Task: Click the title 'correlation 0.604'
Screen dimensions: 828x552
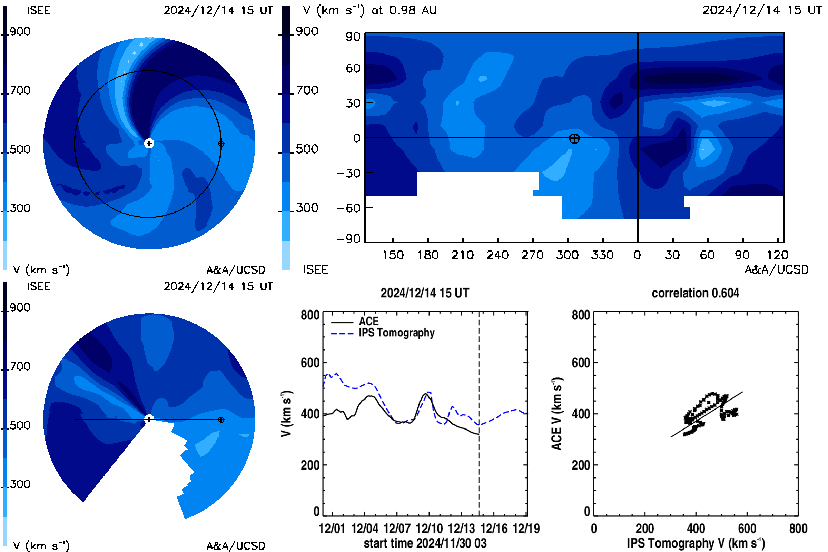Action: click(x=695, y=293)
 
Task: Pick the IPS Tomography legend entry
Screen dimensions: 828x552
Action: click(x=383, y=333)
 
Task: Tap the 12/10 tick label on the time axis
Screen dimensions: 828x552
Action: click(x=429, y=529)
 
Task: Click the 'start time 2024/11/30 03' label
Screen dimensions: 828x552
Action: click(x=425, y=543)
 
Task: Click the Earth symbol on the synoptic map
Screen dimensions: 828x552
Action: click(x=574, y=139)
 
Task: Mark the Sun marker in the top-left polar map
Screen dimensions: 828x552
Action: click(x=149, y=143)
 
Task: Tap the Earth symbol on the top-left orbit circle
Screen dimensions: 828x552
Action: click(x=221, y=144)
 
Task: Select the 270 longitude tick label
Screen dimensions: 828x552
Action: click(x=532, y=255)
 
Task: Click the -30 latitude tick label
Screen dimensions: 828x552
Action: click(x=348, y=173)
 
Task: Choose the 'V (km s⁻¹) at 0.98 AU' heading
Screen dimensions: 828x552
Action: click(x=369, y=10)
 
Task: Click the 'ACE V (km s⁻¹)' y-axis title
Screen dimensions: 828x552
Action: click(x=557, y=414)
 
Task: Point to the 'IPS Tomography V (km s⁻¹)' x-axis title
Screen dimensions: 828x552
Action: click(x=696, y=543)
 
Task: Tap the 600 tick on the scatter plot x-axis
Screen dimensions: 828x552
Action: click(x=747, y=529)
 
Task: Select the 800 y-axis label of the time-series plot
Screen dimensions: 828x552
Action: click(x=310, y=315)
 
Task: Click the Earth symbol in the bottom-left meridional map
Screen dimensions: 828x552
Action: click(x=221, y=420)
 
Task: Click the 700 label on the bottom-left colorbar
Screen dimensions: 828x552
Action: click(x=20, y=366)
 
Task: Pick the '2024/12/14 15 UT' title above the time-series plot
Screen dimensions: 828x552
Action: click(x=425, y=293)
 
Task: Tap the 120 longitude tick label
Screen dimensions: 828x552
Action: click(x=777, y=255)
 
